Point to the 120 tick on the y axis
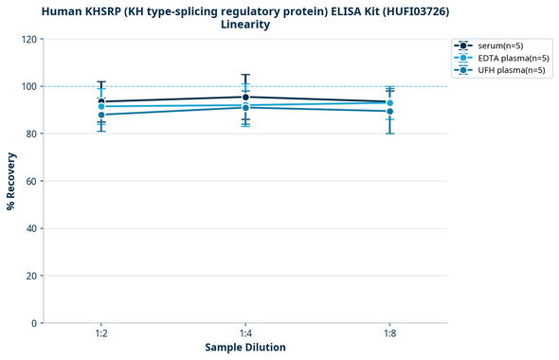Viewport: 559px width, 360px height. click(28, 39)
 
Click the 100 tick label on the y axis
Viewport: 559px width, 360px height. click(28, 86)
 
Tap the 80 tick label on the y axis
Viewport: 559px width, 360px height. click(31, 134)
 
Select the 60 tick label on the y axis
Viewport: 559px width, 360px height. click(31, 181)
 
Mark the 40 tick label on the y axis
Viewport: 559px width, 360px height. click(31, 228)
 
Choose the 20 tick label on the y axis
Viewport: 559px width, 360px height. click(31, 276)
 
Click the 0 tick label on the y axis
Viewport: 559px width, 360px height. click(34, 323)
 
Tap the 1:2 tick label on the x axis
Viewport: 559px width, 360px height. click(101, 334)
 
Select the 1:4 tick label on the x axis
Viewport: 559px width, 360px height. click(245, 334)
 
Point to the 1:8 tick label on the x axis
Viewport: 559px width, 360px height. click(389, 334)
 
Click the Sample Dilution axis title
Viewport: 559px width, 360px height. click(245, 348)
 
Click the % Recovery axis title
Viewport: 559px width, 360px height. click(11, 181)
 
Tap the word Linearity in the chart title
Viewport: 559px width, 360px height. click(245, 25)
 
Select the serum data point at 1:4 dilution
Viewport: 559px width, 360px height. click(245, 97)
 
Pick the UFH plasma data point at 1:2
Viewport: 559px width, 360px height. click(101, 115)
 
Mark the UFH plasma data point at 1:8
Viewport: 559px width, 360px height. click(389, 111)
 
